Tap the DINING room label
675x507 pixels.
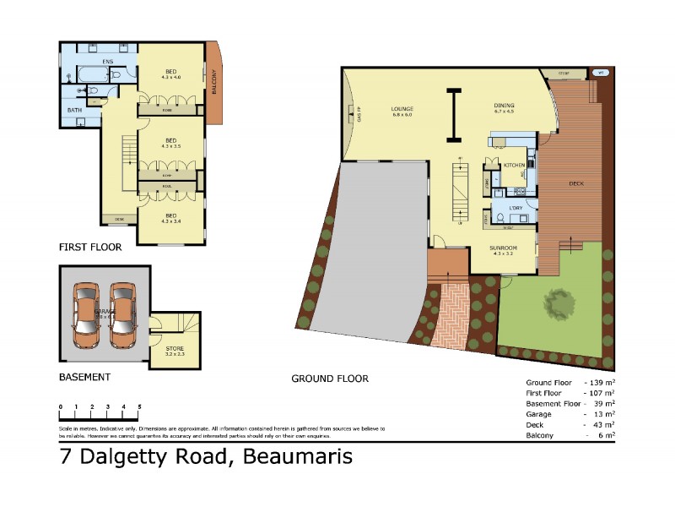tap(505, 106)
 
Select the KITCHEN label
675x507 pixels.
tap(515, 165)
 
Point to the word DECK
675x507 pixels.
tap(576, 183)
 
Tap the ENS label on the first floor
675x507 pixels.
tap(108, 62)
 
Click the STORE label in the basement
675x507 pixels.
tap(175, 348)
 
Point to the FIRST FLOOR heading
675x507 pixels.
tap(90, 248)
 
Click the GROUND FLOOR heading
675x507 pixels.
tap(330, 379)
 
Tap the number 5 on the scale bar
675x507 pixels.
tap(139, 407)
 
